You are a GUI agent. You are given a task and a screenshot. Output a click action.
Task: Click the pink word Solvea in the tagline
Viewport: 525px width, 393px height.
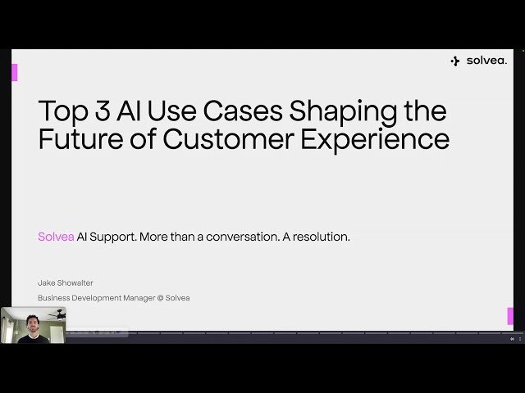[56, 237]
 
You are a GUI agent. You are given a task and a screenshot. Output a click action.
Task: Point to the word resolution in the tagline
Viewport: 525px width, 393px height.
[321, 237]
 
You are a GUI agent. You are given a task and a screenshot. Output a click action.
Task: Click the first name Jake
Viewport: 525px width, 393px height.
[47, 282]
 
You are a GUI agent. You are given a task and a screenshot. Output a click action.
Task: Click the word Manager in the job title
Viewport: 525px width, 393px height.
[137, 298]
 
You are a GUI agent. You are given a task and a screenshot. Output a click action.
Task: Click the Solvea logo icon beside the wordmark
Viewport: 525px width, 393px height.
[455, 61]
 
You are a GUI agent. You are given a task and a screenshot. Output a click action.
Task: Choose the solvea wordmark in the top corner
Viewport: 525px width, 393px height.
[486, 61]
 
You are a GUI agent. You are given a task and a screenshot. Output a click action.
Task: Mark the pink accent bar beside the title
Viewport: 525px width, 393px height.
[14, 72]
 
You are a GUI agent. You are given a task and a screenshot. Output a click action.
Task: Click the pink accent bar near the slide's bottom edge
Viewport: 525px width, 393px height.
[510, 316]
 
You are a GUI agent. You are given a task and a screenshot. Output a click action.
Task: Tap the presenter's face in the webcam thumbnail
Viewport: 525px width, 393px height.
[34, 321]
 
